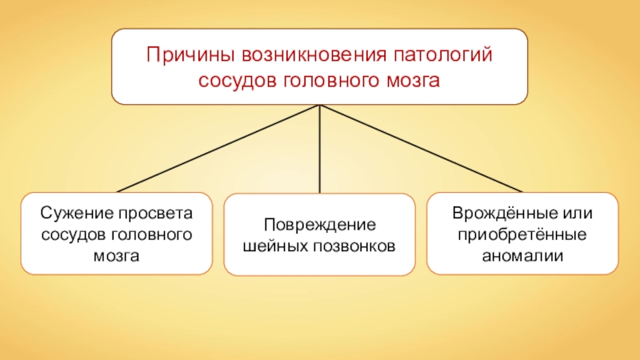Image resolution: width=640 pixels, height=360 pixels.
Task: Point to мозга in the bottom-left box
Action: pos(117,257)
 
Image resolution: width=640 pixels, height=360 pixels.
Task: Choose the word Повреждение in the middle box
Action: pos(319,225)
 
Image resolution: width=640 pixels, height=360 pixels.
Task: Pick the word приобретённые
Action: pos(522,236)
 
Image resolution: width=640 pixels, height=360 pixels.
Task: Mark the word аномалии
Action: pos(522,257)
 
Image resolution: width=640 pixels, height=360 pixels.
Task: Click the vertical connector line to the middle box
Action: pos(320,152)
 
